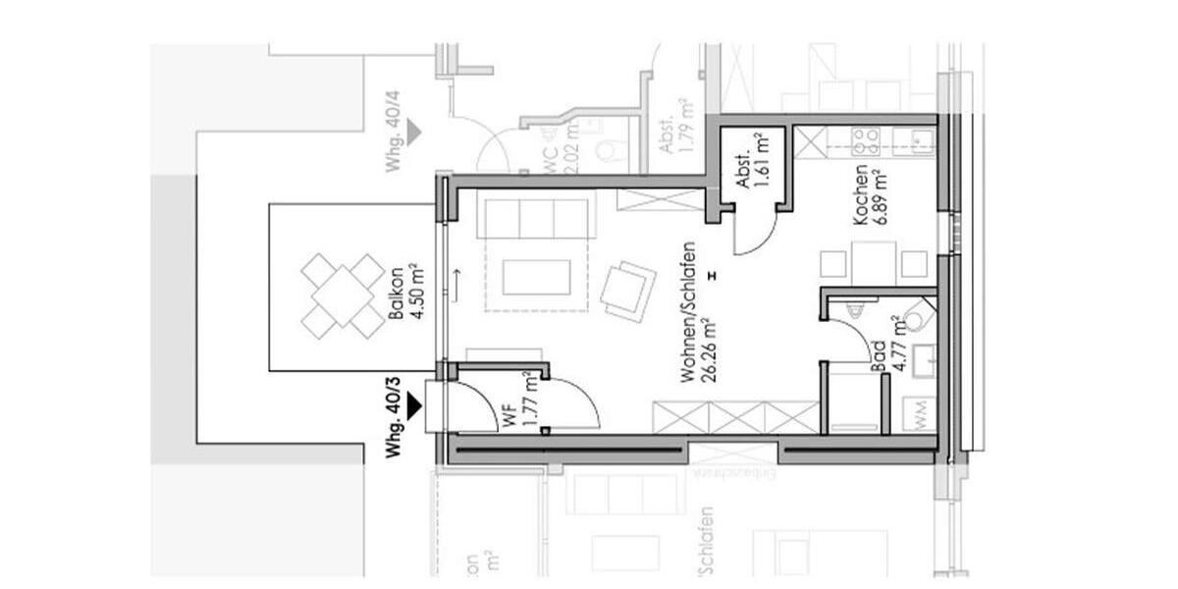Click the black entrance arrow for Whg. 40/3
tap(415, 403)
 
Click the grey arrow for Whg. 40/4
tap(415, 130)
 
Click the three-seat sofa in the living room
tap(535, 217)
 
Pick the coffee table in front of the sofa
tap(536, 277)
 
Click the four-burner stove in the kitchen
tap(867, 141)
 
